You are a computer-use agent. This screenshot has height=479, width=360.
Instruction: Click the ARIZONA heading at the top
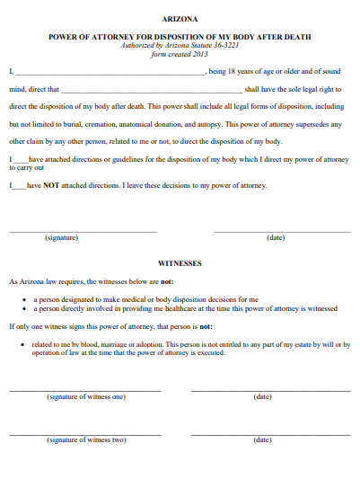(x=180, y=18)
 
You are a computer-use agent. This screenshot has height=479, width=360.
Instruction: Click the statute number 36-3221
(x=223, y=45)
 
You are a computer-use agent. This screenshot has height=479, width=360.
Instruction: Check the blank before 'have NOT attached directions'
(x=20, y=186)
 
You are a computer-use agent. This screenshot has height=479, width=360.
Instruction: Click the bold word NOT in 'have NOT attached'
(x=52, y=185)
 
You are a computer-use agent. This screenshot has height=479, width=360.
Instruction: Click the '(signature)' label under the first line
(x=62, y=237)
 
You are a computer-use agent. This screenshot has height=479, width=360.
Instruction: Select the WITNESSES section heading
(x=180, y=263)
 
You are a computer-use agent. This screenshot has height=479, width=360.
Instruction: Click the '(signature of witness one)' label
(x=86, y=396)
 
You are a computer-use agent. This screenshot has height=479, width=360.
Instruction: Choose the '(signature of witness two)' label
(x=86, y=439)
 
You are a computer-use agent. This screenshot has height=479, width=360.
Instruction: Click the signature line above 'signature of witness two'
(x=85, y=433)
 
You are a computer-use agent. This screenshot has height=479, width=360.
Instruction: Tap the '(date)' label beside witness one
(x=262, y=396)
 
